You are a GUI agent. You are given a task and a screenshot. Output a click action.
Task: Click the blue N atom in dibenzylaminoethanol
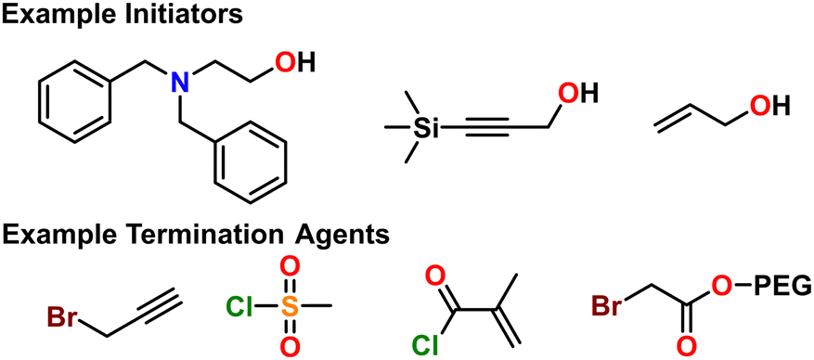[182, 84]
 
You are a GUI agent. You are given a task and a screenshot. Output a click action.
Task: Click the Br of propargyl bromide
[63, 319]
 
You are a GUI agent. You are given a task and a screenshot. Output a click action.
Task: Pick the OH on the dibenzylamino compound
[294, 62]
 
